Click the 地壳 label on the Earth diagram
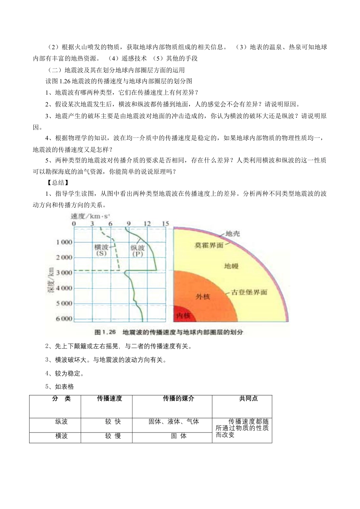pos(232,234)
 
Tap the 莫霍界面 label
pos(209,245)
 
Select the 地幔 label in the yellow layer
pos(232,266)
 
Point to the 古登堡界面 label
pos(249,292)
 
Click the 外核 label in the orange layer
pos(203,297)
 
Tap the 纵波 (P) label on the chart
pos(138,251)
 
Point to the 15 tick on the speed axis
pos(165,224)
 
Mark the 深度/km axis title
pos(52,281)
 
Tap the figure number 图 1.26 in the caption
pos(105,332)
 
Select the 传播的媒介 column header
pos(178,398)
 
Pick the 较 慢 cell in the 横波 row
pos(113,436)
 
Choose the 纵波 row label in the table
pos(61,422)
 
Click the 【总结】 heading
pos(57,183)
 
